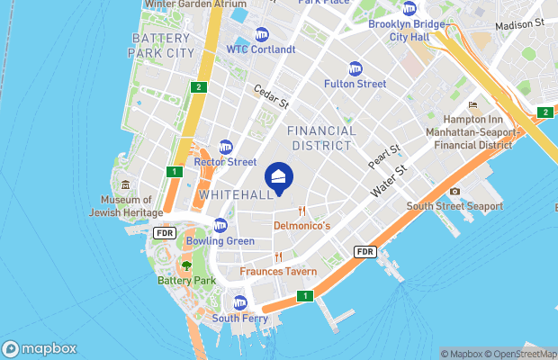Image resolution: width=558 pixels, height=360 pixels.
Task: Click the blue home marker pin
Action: tap(279, 175)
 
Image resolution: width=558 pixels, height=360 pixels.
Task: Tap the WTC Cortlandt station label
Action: tap(261, 49)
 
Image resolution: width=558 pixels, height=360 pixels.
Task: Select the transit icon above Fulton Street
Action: tap(355, 67)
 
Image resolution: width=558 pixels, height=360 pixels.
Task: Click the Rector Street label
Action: tap(225, 162)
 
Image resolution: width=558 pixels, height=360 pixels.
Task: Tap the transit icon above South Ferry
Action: tap(239, 301)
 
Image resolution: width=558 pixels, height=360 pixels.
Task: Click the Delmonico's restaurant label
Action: tap(302, 225)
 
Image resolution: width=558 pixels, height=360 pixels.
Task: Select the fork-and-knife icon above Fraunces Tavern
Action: tap(279, 257)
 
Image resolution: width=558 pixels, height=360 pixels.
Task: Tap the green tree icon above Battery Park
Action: tap(186, 265)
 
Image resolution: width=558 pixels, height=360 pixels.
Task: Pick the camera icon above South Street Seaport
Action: tap(454, 191)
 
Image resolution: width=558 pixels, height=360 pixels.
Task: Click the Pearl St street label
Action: tap(383, 157)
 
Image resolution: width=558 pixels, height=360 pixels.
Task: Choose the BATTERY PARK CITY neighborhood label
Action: tap(162, 46)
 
